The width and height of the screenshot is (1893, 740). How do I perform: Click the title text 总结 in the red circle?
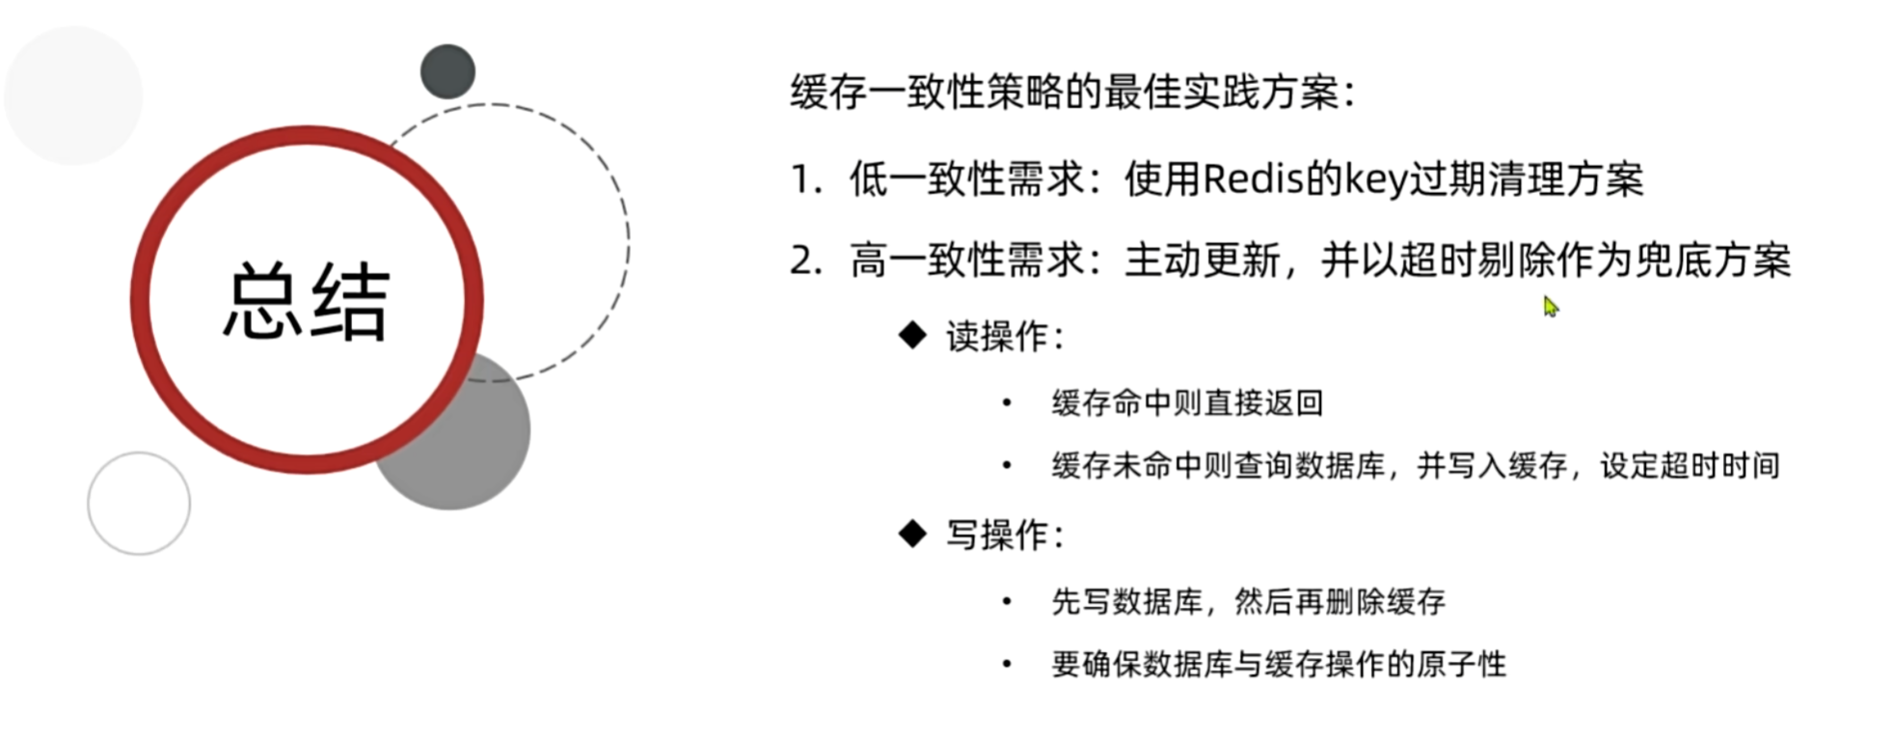click(x=307, y=301)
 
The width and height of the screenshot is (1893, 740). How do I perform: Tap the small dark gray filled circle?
click(x=447, y=71)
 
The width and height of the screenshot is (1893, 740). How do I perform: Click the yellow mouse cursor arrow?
click(x=1550, y=307)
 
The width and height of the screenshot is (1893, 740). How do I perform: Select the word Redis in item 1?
click(x=1253, y=179)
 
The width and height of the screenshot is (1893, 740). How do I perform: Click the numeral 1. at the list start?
click(x=806, y=180)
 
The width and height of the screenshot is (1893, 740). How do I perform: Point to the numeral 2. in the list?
click(x=806, y=261)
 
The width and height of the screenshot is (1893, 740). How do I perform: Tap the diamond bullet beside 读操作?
click(x=911, y=336)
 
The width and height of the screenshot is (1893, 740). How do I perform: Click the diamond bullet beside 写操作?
click(x=911, y=534)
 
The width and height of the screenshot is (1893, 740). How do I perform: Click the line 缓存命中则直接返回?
click(x=1187, y=402)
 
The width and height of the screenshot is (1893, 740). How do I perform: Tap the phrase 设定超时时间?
click(x=1690, y=466)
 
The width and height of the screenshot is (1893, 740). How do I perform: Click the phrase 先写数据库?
click(x=1127, y=602)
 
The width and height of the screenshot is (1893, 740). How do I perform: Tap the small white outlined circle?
click(x=139, y=503)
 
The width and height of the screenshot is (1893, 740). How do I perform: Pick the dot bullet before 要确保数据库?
click(x=1007, y=664)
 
